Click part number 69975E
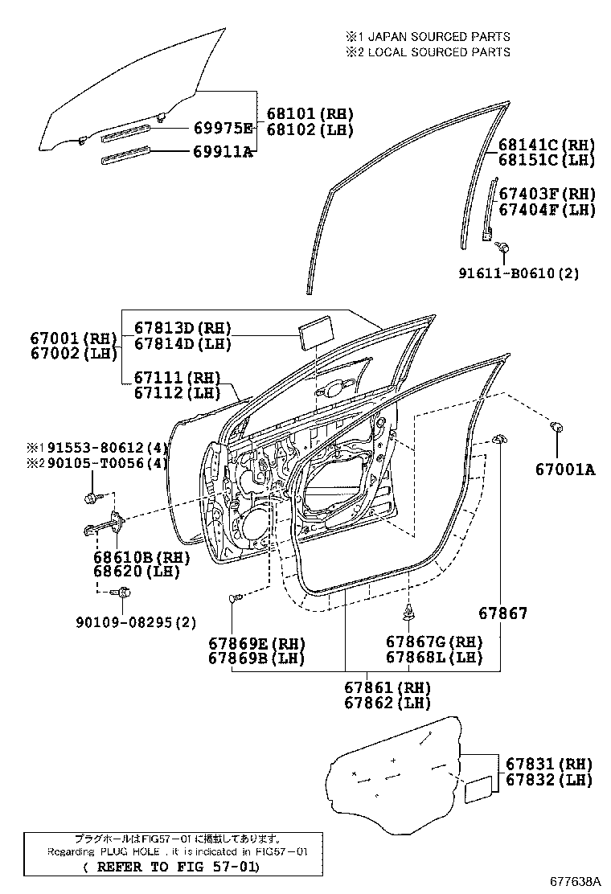click(223, 129)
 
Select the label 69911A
click(223, 151)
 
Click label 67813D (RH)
click(182, 328)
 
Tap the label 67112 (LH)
click(177, 393)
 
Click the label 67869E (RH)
click(265, 642)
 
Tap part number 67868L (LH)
click(434, 657)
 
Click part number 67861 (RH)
click(388, 688)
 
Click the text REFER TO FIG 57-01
click(172, 867)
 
